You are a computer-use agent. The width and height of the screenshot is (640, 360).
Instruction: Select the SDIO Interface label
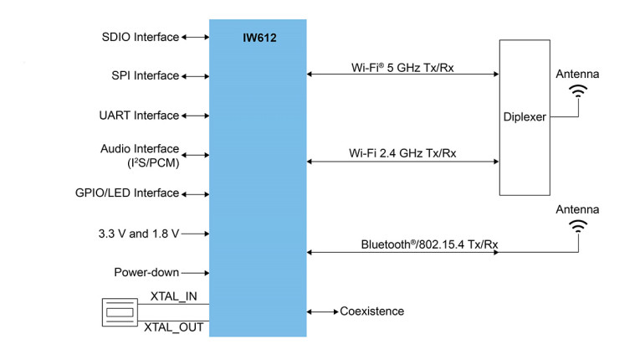[140, 37]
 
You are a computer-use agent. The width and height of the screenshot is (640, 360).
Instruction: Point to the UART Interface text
[139, 116]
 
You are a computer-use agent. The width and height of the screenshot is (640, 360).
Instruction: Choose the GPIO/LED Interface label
[126, 193]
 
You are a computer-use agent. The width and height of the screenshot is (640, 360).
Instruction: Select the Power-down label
[146, 273]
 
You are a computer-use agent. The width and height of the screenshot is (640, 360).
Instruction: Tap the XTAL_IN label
[174, 296]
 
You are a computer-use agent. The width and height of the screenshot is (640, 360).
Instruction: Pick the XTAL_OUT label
[174, 327]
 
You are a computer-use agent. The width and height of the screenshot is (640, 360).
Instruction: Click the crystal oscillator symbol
[118, 311]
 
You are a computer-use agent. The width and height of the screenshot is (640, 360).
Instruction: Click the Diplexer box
[525, 117]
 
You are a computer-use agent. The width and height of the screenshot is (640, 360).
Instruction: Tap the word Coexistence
[371, 311]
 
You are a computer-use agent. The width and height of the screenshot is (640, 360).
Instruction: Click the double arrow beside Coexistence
[322, 311]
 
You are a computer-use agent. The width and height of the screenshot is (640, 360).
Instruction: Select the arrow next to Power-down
[195, 273]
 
